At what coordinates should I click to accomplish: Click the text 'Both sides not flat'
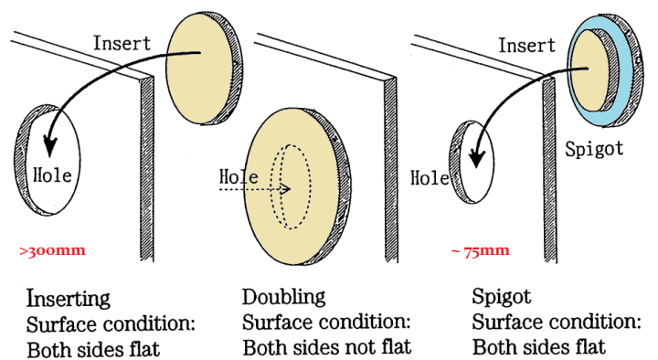pyautogui.click(x=327, y=348)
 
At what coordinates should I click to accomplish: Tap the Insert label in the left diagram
pyautogui.click(x=123, y=41)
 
